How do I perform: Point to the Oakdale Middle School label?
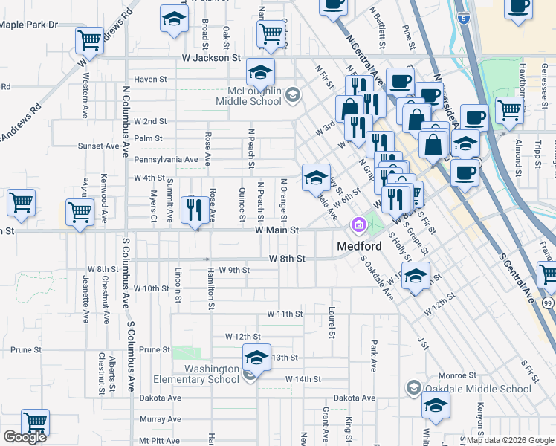pyautogui.click(x=478, y=388)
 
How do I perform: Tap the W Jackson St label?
pyautogui.click(x=213, y=57)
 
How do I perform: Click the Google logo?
pyautogui.click(x=25, y=438)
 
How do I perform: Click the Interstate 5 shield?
pyautogui.click(x=465, y=16)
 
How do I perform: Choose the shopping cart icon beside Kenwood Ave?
pyautogui.click(x=80, y=212)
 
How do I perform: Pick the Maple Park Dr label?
pyautogui.click(x=29, y=25)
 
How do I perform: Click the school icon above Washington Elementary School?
pyautogui.click(x=256, y=358)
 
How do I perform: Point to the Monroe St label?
pyautogui.click(x=462, y=375)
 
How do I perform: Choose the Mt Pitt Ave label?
pyautogui.click(x=160, y=440)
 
